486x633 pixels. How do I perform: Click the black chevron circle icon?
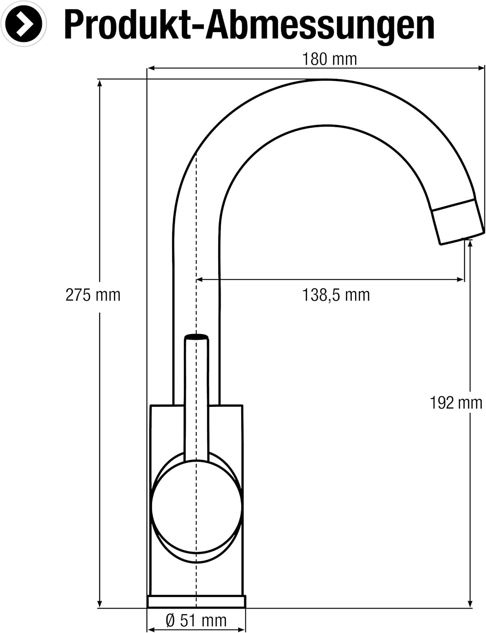24,24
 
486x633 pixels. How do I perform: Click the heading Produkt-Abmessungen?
249,25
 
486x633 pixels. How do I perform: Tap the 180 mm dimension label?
329,59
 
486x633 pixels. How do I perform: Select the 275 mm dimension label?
93,295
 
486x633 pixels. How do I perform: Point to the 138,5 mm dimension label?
336,295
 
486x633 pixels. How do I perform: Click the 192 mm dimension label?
456,403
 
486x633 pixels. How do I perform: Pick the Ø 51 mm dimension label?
196,620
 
